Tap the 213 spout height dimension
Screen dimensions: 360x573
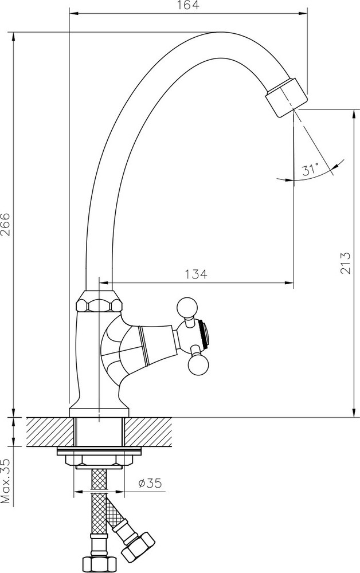click(x=345, y=263)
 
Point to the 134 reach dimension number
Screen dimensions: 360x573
click(x=196, y=274)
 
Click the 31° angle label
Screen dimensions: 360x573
click(x=310, y=170)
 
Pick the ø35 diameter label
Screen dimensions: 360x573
click(x=150, y=483)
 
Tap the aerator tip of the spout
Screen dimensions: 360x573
click(x=287, y=96)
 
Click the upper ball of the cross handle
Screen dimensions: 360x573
click(x=187, y=307)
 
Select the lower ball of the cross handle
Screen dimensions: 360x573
click(x=198, y=365)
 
